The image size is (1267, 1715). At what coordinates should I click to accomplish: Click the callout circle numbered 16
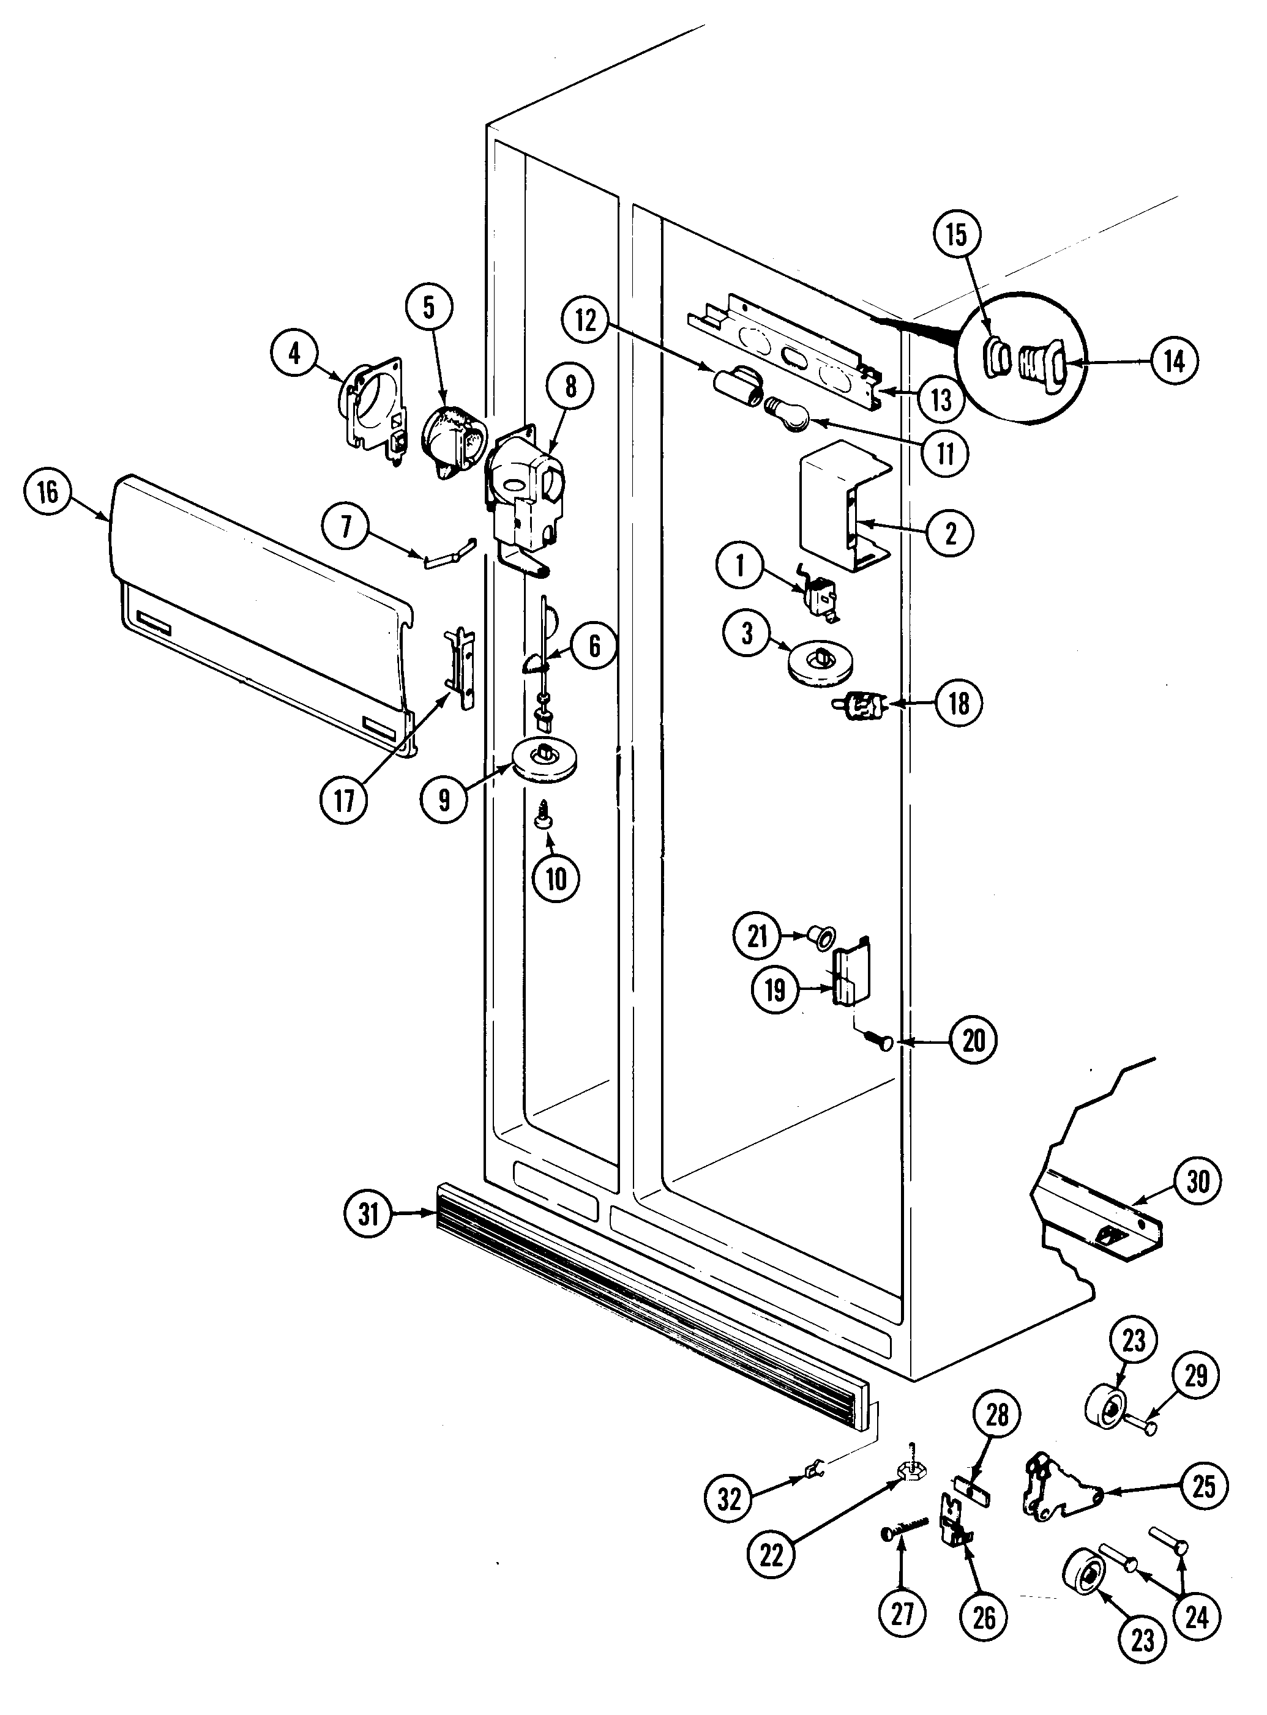click(x=48, y=491)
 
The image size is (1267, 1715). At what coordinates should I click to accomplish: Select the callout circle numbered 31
click(x=369, y=1215)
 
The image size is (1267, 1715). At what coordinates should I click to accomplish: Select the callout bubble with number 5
click(x=428, y=307)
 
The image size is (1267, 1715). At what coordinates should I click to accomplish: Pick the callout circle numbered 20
click(x=973, y=1040)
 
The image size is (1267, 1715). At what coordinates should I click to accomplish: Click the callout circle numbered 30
click(x=1198, y=1181)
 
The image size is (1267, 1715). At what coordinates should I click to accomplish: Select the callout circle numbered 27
click(x=903, y=1613)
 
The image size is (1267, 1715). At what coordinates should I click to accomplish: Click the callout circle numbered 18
click(x=959, y=703)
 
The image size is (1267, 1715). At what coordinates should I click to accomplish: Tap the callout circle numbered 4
click(x=294, y=354)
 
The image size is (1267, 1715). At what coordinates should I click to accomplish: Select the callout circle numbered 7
click(x=346, y=528)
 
